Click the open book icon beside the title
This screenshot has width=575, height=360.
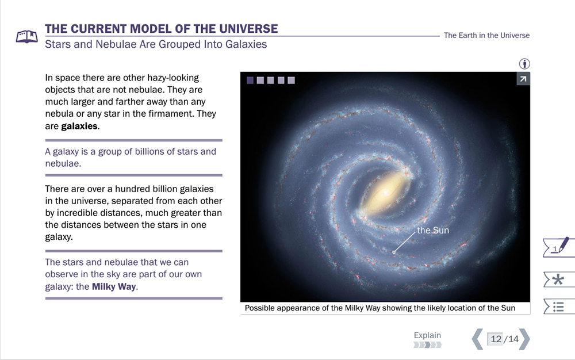[27, 36]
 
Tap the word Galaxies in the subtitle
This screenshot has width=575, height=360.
[246, 44]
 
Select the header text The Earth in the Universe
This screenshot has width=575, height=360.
[486, 35]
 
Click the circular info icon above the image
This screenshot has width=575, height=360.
[524, 64]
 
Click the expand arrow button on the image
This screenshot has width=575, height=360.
[523, 79]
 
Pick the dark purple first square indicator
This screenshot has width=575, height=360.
[250, 81]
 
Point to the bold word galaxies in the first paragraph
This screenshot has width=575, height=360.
[79, 126]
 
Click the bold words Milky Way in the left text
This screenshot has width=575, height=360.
[114, 286]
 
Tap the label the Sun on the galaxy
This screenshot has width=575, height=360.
[433, 230]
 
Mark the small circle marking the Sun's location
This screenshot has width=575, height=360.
[394, 252]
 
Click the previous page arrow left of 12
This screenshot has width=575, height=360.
[477, 339]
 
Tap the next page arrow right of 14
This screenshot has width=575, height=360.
[524, 339]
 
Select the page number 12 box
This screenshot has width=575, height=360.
[496, 339]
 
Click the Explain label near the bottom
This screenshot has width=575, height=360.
[427, 335]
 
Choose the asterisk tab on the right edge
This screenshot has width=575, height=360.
[558, 280]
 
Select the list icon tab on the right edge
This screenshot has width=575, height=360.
[558, 307]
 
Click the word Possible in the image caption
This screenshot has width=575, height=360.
[259, 308]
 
